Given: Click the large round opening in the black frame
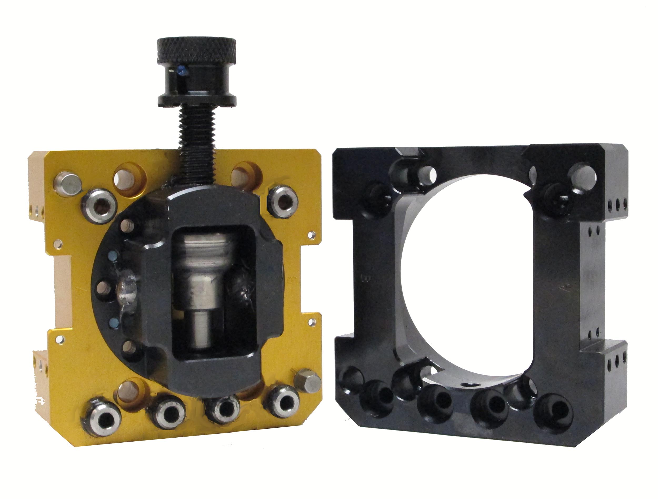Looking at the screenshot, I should [464, 277].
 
